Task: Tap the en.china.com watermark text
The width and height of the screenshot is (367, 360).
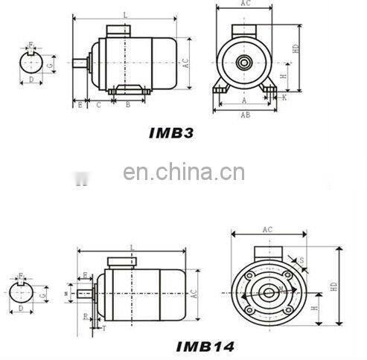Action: [x=183, y=173]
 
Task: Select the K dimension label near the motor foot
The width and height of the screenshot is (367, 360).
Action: [x=284, y=97]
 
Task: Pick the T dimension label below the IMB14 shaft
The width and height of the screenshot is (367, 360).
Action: [x=104, y=327]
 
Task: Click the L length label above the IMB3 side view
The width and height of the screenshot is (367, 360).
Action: [x=124, y=14]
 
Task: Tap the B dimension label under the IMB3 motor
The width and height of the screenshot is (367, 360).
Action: [x=128, y=105]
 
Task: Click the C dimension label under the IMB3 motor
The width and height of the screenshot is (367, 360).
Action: [x=98, y=105]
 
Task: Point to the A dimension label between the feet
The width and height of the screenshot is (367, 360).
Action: [x=244, y=98]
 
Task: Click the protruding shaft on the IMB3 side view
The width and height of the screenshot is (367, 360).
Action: [x=80, y=62]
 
